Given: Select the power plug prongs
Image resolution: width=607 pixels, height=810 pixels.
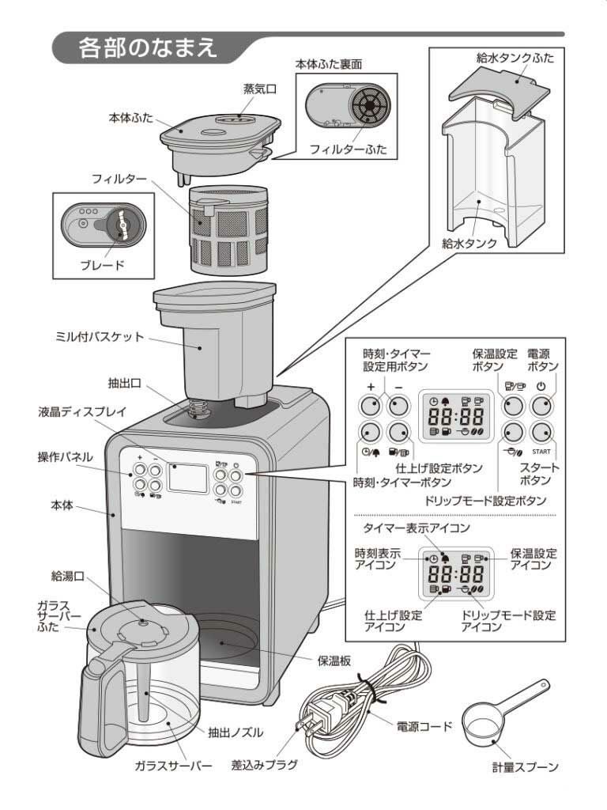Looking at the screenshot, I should pos(303,726).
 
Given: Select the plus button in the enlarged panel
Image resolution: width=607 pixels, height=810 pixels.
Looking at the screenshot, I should pos(371,406).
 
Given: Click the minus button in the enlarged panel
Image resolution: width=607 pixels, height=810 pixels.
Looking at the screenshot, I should pos(399,406).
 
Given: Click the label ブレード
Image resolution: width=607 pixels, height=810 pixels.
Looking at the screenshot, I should pos(102,264).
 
